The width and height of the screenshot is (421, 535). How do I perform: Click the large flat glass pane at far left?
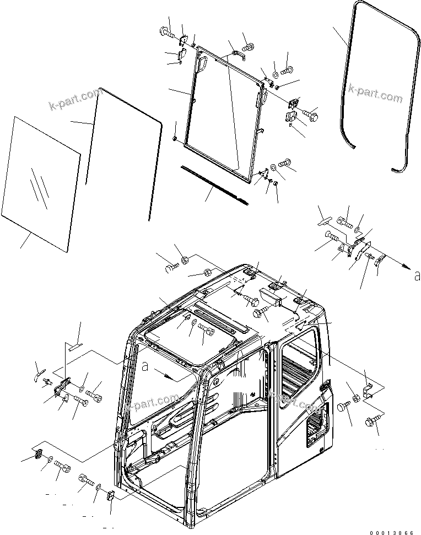(41, 182)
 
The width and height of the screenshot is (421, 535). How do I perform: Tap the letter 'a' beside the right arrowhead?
(417, 275)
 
